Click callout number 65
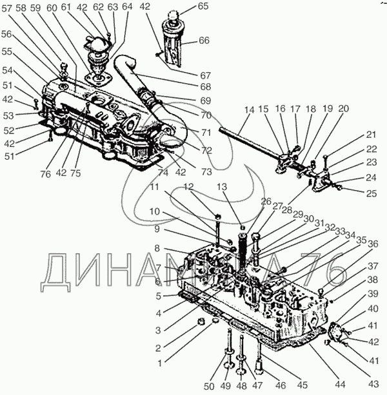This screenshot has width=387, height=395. pyautogui.click(x=204, y=6)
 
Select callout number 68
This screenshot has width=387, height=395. pyautogui.click(x=205, y=86)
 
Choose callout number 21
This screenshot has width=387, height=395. pyautogui.click(x=370, y=135)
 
